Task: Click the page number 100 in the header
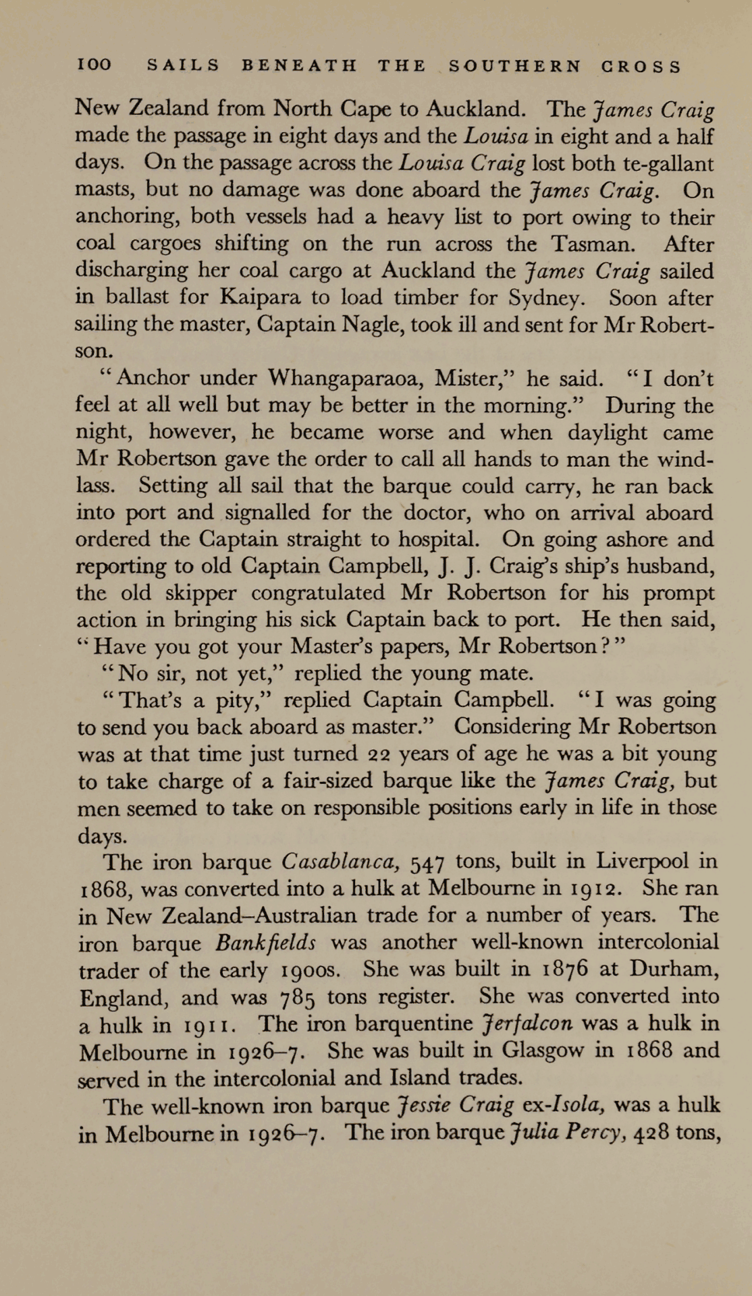click(x=94, y=66)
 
